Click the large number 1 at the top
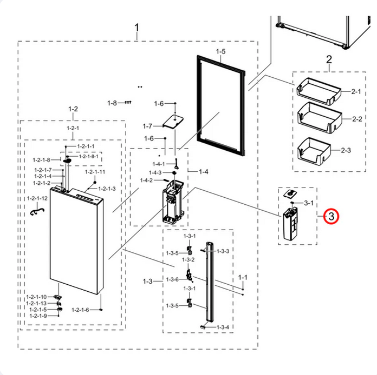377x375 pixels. click(x=137, y=27)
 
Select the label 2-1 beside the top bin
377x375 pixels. click(x=355, y=92)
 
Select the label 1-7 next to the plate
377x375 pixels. click(x=148, y=126)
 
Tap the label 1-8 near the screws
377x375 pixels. click(x=112, y=103)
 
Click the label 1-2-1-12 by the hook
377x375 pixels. click(x=37, y=199)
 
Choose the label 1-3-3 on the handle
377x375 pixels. click(x=223, y=251)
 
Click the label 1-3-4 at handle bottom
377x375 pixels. click(x=223, y=327)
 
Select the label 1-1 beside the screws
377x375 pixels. click(x=243, y=277)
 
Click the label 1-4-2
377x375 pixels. click(x=146, y=180)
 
